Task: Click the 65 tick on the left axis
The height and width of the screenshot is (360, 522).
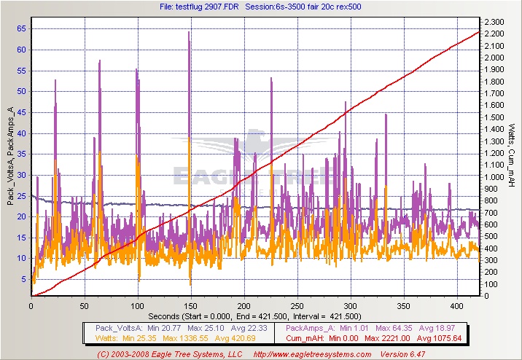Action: pos(21,28)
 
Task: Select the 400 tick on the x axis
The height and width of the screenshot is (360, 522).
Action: pos(456,306)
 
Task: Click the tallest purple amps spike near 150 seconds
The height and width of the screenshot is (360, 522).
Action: pos(189,34)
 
